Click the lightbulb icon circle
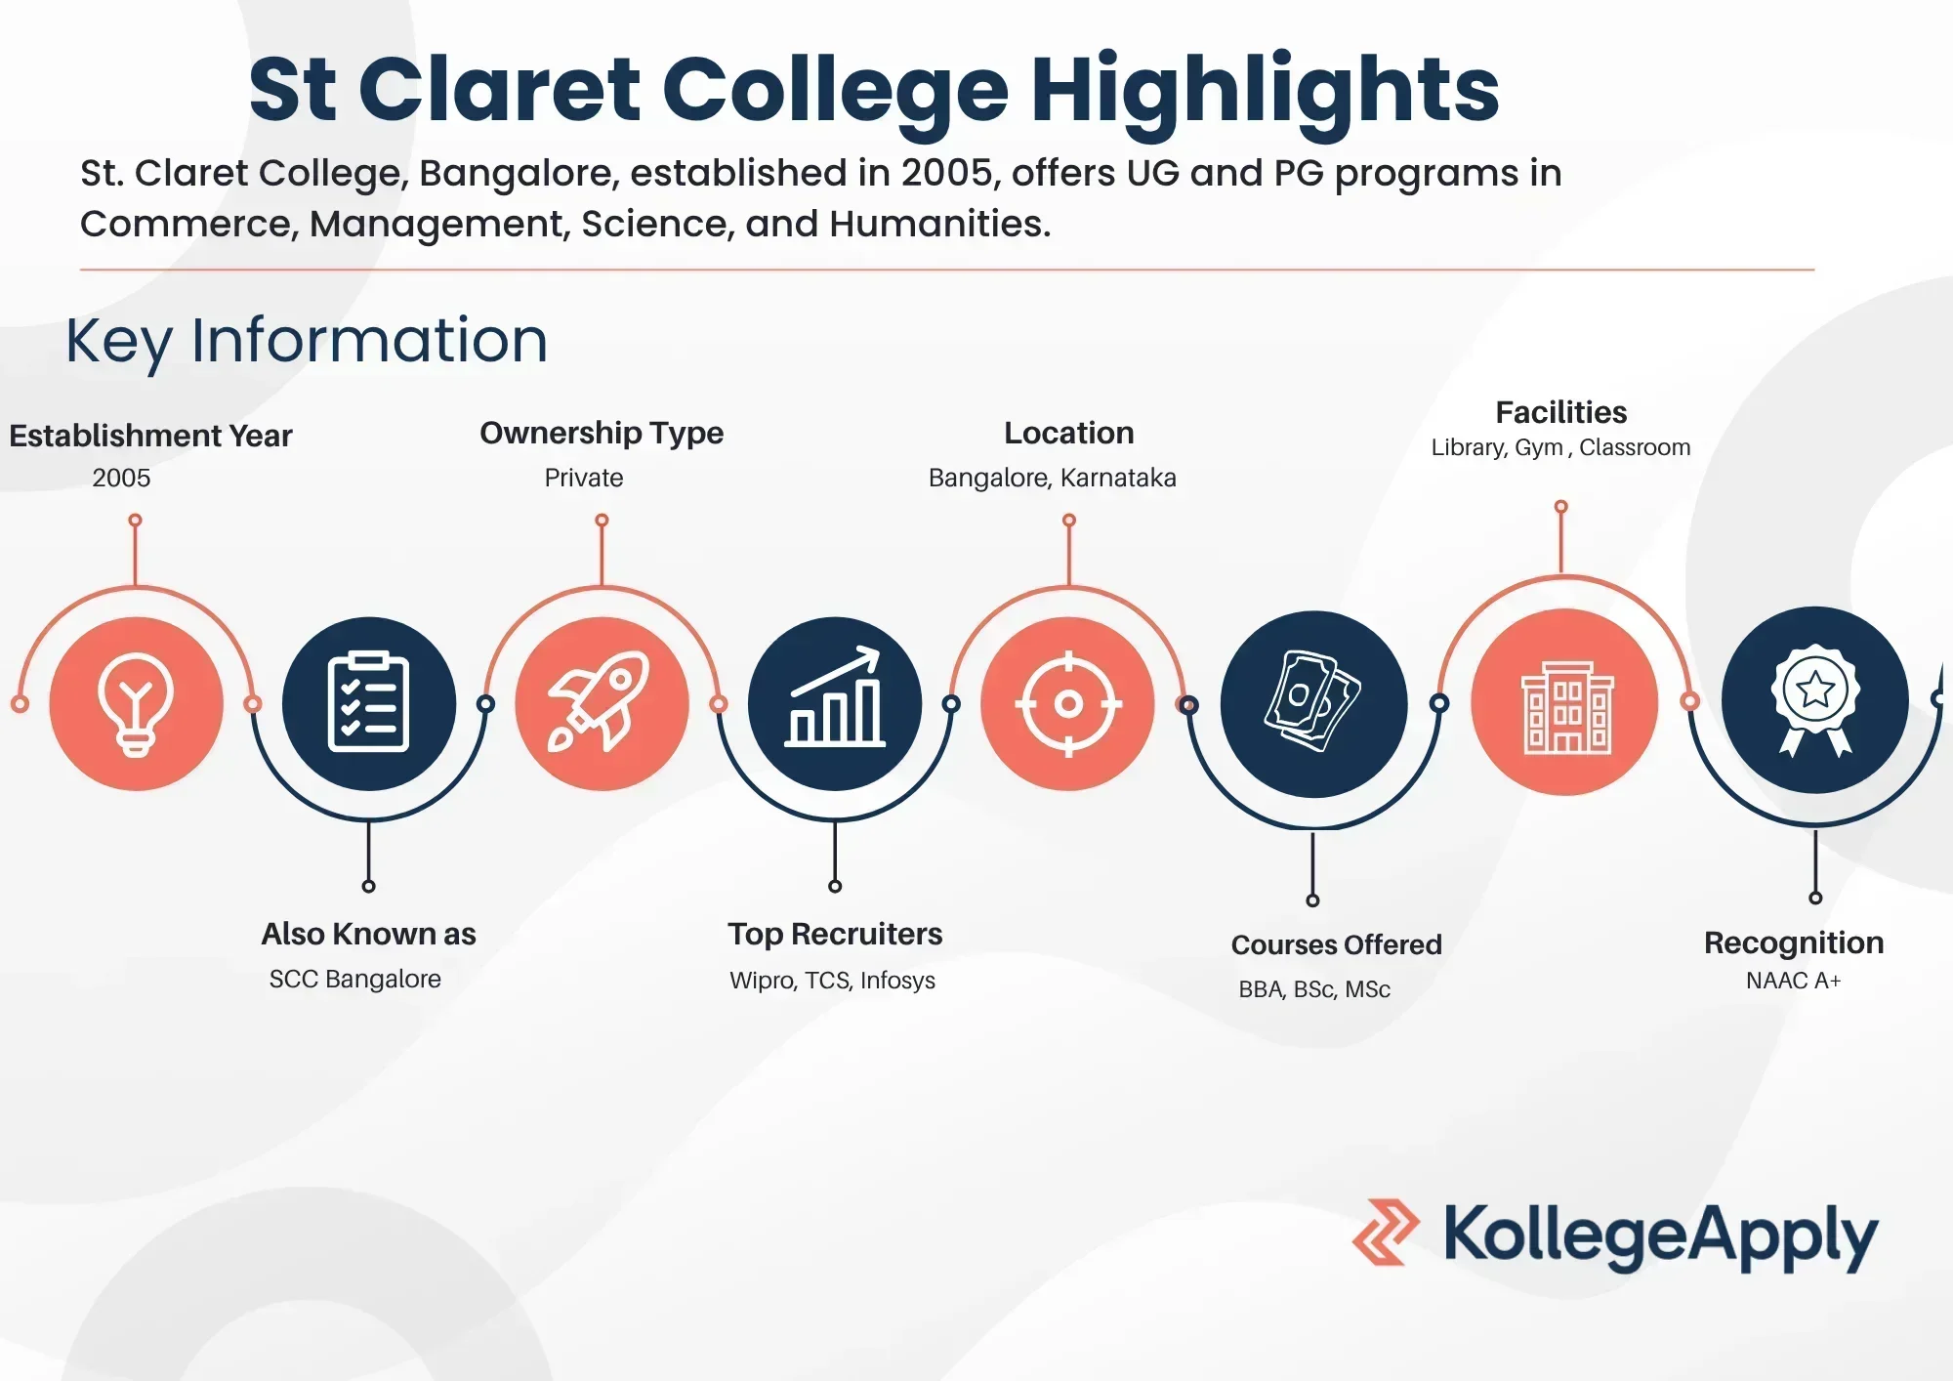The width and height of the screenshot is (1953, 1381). pyautogui.click(x=136, y=703)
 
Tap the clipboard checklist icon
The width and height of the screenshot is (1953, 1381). pyautogui.click(x=369, y=703)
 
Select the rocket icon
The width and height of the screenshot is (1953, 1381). pyautogui.click(x=602, y=703)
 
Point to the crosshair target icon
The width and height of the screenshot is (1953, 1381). pyautogui.click(x=1068, y=703)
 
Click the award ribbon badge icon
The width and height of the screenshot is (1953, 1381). pyautogui.click(x=1815, y=700)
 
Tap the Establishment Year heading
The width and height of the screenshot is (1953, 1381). pyautogui.click(x=150, y=436)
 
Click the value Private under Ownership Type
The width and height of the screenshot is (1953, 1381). pyautogui.click(x=584, y=478)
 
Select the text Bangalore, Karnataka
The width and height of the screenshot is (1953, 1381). pyautogui.click(x=1053, y=478)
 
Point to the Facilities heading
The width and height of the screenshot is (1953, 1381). pyautogui.click(x=1561, y=412)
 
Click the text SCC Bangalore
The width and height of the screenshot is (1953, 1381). pyautogui.click(x=355, y=979)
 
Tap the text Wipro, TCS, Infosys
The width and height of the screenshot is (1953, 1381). pyautogui.click(x=833, y=981)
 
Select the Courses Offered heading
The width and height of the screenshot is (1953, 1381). pyautogui.click(x=1337, y=944)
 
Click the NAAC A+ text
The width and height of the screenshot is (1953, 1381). pyautogui.click(x=1794, y=981)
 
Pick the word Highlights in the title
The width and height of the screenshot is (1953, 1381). pyautogui.click(x=1266, y=90)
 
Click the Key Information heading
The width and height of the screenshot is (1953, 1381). pyautogui.click(x=307, y=341)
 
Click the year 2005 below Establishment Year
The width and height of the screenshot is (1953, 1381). pyautogui.click(x=121, y=478)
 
